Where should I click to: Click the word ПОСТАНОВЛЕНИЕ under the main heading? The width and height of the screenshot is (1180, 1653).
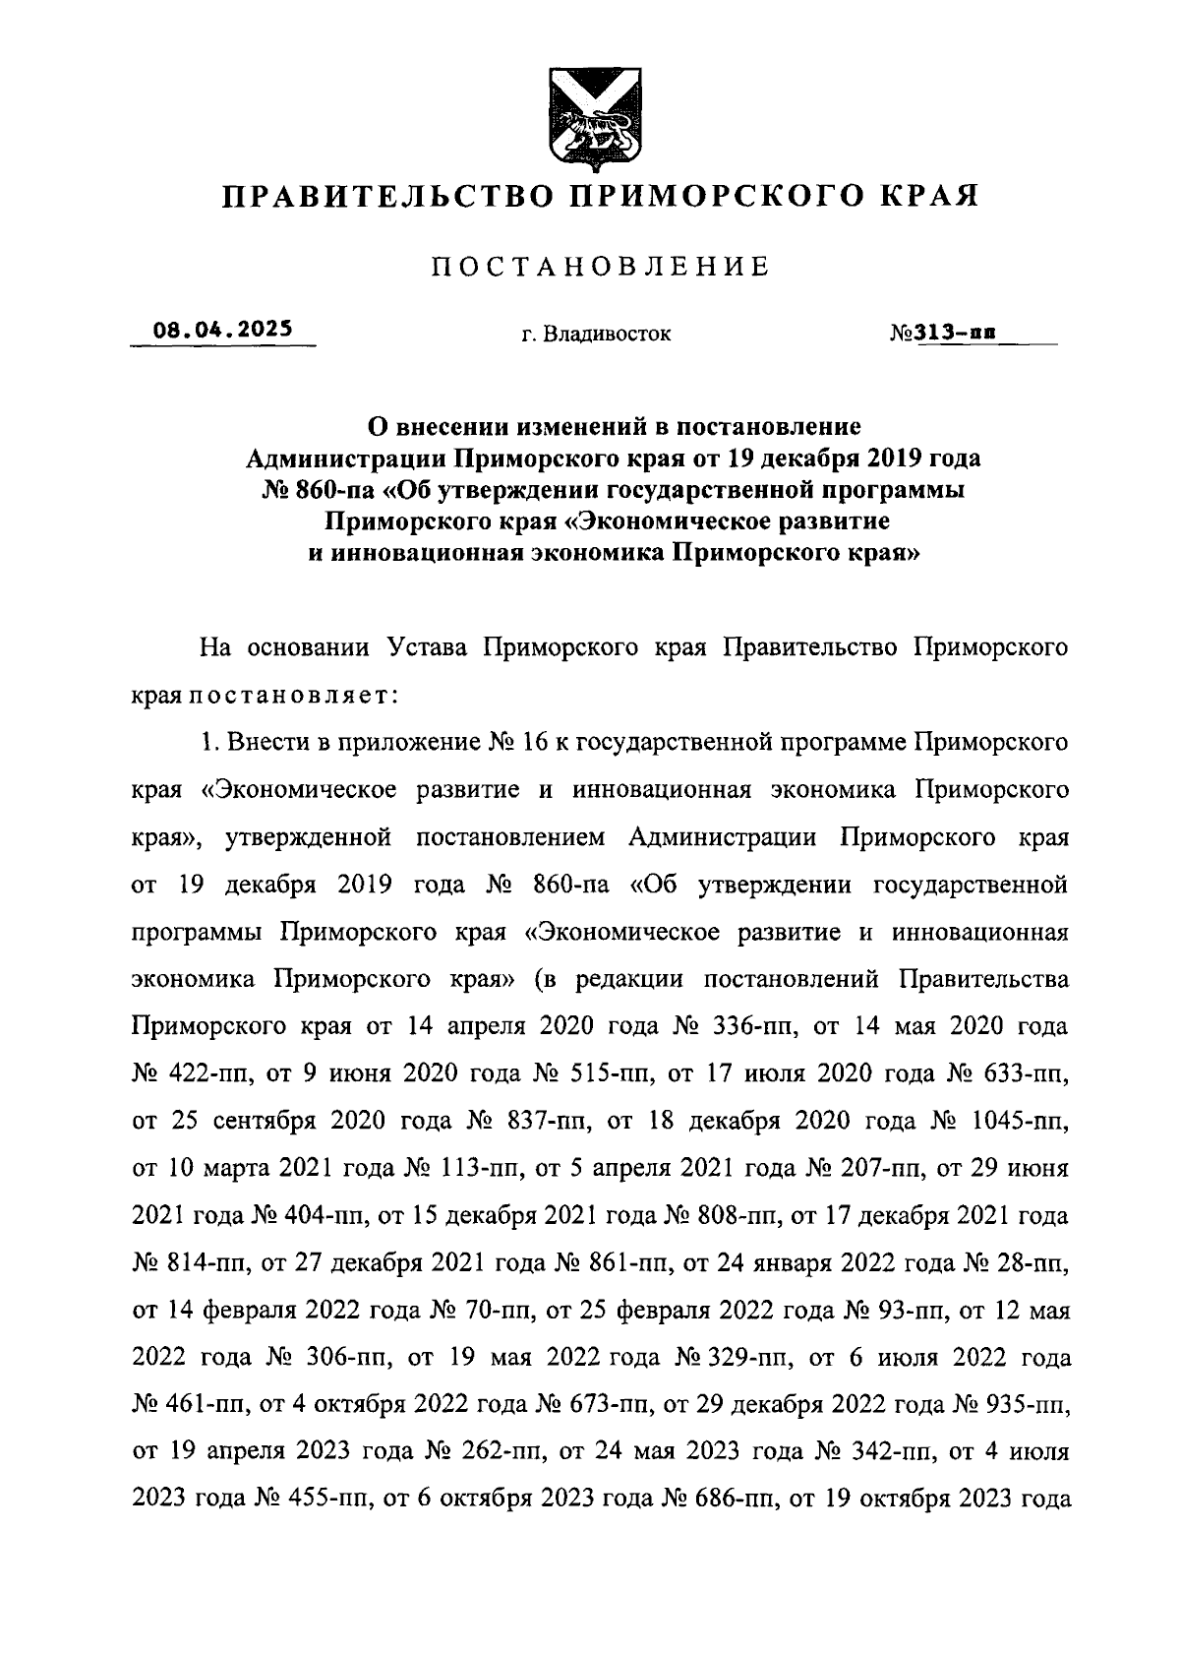coord(601,266)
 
